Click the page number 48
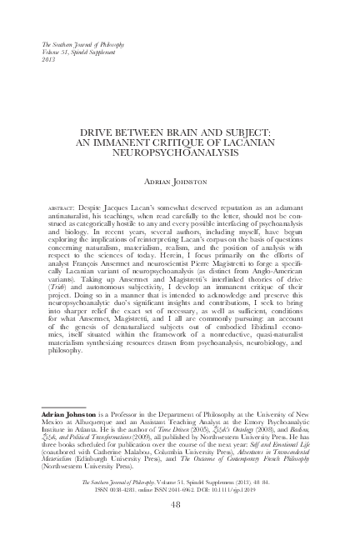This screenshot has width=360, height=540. tap(181, 504)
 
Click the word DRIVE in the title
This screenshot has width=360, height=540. tap(97, 132)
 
